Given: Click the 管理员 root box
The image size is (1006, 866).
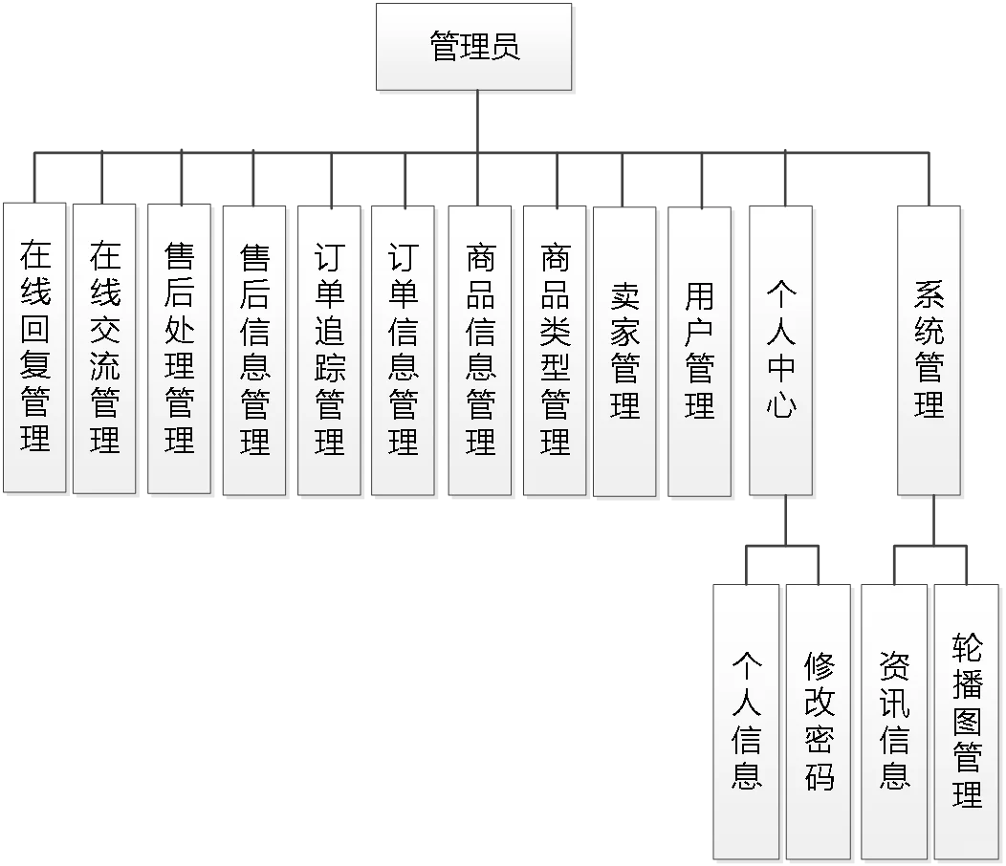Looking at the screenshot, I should point(474,47).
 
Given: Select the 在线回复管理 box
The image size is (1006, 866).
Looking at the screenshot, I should point(34,348).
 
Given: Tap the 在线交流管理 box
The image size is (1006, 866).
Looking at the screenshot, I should point(105,348).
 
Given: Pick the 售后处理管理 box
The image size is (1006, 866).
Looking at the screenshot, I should point(179,348).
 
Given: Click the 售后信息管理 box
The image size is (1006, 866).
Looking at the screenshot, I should point(254,350).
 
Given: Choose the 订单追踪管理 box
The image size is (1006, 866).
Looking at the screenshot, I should point(330,350).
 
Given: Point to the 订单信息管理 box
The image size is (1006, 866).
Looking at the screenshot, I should point(404,350).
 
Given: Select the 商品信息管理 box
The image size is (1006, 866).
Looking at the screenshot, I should point(480,350).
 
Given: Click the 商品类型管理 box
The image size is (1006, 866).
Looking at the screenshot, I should point(555,350).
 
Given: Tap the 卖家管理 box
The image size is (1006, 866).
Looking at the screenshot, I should point(624,352).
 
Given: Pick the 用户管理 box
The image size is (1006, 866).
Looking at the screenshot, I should point(699,352).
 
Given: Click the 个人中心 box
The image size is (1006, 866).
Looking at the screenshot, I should point(781,350).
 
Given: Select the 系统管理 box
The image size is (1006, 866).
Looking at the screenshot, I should point(929,350).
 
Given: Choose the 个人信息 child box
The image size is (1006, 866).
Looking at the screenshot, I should point(746,722).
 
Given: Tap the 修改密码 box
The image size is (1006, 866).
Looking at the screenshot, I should point(819,722).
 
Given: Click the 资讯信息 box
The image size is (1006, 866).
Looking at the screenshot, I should point(894,722).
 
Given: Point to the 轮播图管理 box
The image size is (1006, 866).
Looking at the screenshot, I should point(967,722).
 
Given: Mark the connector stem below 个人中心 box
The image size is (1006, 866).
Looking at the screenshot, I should point(783,521).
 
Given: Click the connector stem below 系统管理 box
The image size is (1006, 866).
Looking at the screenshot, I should point(932,521).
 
